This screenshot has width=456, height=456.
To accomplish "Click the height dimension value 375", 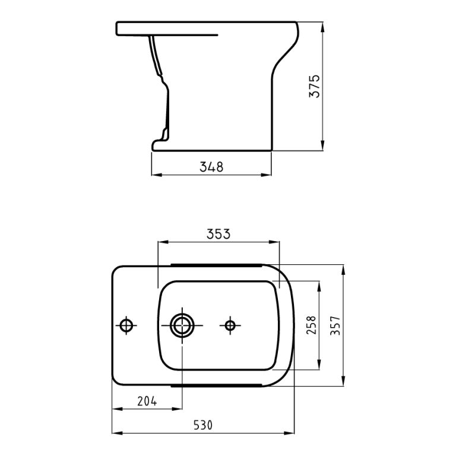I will pos(315,87).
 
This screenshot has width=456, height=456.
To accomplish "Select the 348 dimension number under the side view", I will pos(211,167).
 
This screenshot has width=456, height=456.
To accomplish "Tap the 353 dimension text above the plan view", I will pos(218,234).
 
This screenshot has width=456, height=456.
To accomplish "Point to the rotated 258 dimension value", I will pos(311,325).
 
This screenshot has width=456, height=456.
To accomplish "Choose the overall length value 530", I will pos(202,425).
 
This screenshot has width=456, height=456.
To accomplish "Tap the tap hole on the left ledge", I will pos(126,325).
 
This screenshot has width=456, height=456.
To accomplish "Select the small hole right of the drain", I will pos(230,325).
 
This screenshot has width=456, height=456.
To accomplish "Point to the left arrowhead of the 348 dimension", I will pos(156,174).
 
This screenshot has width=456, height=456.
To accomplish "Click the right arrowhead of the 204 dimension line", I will pos(179,408).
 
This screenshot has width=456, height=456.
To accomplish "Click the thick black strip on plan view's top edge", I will pos(217,263).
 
